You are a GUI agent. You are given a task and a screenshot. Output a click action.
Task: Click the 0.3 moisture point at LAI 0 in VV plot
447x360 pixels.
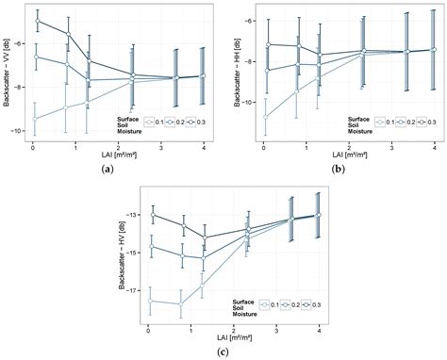(x=37, y=21)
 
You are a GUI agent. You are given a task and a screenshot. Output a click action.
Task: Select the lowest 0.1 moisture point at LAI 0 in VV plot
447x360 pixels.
(x=35, y=119)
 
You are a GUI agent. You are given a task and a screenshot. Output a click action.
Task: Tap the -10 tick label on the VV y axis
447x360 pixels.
(x=21, y=130)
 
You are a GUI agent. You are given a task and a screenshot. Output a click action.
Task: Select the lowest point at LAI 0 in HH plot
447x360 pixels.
(x=265, y=117)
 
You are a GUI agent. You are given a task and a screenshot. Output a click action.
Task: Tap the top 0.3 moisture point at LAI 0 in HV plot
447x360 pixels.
(x=152, y=215)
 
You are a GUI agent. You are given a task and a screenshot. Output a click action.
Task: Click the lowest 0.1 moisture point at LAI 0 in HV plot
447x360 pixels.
(x=151, y=301)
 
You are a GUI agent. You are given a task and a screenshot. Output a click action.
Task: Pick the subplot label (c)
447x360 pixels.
(x=221, y=352)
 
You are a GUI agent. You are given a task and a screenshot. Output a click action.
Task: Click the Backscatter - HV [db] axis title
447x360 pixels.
(x=123, y=254)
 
